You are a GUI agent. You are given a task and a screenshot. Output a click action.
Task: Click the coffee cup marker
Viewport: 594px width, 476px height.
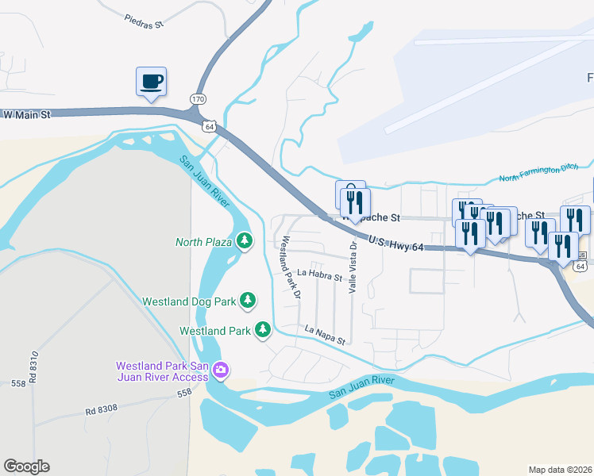coord(151,81)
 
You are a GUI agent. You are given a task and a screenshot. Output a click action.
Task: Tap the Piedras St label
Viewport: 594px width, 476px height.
coord(144,21)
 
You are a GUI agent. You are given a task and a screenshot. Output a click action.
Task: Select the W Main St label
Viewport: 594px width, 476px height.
coord(27,115)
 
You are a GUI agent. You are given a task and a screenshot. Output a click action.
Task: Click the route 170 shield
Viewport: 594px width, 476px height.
coord(198,98)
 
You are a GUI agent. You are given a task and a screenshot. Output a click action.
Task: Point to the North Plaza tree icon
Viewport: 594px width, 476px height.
coord(245,240)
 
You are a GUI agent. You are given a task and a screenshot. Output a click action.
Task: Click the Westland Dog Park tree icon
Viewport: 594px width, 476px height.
coord(249,301)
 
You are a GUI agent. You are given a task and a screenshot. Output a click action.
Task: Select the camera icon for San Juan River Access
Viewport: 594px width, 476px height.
coord(221,370)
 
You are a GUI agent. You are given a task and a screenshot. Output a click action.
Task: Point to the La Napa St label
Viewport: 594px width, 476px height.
coord(326,335)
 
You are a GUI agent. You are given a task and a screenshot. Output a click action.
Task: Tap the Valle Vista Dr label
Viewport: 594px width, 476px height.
coord(353,268)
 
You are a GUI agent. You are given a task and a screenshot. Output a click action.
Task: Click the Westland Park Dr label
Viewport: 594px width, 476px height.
coord(289,267)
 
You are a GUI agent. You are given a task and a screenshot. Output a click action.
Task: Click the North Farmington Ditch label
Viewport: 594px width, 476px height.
coord(543,173)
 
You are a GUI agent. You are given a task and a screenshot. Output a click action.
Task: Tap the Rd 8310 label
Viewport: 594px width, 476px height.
coord(34,370)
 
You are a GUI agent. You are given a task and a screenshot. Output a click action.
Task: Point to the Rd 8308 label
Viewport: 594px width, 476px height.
coord(102,410)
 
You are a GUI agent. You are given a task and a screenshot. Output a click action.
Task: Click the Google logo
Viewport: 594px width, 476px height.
coord(26,466)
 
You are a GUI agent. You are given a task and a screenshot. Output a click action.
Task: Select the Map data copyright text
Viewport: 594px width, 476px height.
coord(561,470)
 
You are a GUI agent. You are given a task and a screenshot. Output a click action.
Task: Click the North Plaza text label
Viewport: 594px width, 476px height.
coord(203,241)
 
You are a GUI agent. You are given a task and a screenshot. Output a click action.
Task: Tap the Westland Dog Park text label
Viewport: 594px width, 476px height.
coord(189,301)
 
